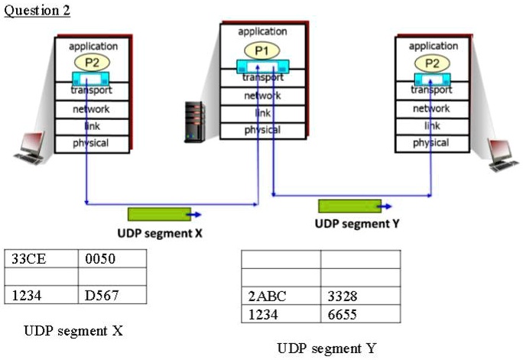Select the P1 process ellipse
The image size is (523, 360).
[262, 50]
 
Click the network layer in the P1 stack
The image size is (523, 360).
[262, 96]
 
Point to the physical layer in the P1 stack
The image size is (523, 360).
[262, 130]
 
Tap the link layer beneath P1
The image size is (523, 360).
[262, 113]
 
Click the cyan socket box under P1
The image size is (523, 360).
[262, 67]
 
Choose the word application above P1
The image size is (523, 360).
[262, 31]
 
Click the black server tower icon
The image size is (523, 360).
[197, 122]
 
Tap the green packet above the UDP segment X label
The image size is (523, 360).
[158, 215]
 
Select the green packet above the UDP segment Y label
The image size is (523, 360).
[349, 206]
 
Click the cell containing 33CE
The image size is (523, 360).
[41, 259]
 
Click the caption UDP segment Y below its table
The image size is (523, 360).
[327, 349]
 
